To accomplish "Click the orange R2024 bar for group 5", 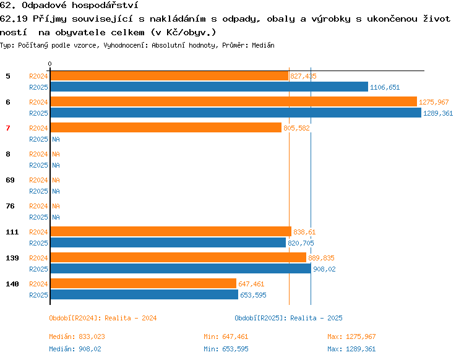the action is click(170, 76).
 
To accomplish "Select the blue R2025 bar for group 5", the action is click(209, 87).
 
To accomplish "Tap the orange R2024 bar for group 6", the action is click(234, 102).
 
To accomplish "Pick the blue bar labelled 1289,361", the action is click(236, 113).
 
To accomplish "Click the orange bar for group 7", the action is click(166, 127).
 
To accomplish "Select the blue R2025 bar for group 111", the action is click(168, 242).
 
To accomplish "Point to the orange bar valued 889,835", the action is click(178, 257).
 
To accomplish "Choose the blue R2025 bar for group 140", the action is click(144, 294).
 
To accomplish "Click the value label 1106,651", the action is click(385, 87).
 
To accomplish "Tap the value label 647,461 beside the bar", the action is click(251, 284).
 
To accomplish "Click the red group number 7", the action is click(8, 128).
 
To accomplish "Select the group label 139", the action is click(12, 258).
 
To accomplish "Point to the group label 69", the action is click(10, 180).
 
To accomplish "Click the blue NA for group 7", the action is click(56, 139).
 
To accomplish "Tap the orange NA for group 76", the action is click(56, 206).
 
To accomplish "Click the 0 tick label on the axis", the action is click(49, 64).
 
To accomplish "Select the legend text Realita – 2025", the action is click(316, 318).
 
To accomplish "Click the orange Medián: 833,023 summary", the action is click(77, 336).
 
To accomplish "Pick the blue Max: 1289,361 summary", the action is click(351, 349).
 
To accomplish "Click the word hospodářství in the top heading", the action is click(105, 6).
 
